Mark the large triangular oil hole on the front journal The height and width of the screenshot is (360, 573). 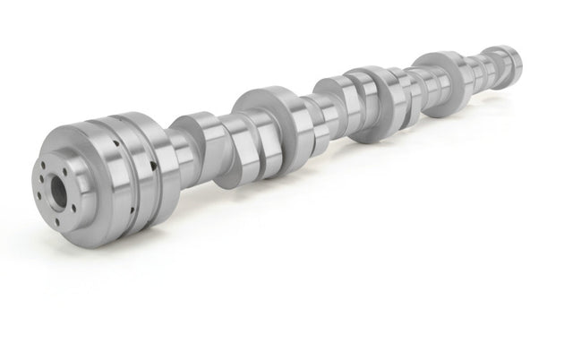pyautogui.click(x=155, y=166)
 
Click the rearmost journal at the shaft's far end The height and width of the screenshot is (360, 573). pyautogui.click(x=510, y=62)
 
